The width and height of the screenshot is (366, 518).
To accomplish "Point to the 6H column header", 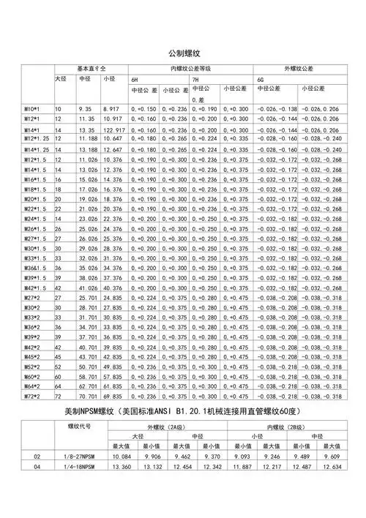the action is coord(135,78).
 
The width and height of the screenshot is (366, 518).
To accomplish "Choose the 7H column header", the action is coord(195,78).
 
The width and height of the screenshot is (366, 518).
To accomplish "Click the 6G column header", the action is coord(260,78).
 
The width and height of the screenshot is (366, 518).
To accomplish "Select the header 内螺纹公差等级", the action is coord(190,67).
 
